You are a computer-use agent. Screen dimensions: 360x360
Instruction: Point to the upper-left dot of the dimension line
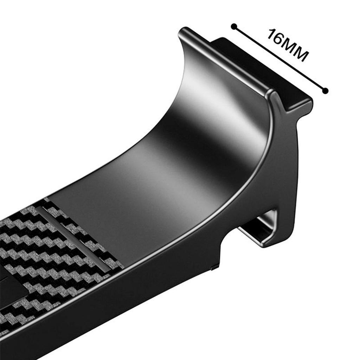click(x=234, y=27)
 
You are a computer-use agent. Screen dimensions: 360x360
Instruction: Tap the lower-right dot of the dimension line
click(x=325, y=91)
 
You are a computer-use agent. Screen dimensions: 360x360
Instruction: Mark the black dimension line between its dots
click(x=279, y=59)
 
